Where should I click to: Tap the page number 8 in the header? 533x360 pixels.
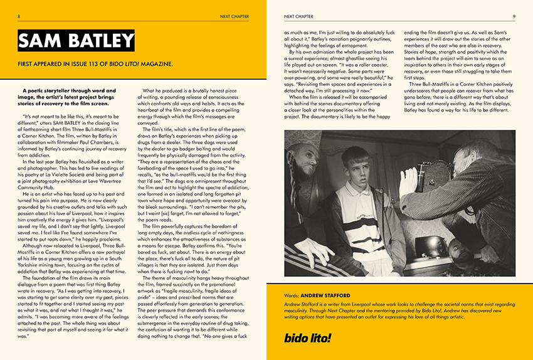coord(19,16)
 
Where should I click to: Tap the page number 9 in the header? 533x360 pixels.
coord(514,16)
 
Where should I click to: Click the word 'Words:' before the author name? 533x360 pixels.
coord(292,294)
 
